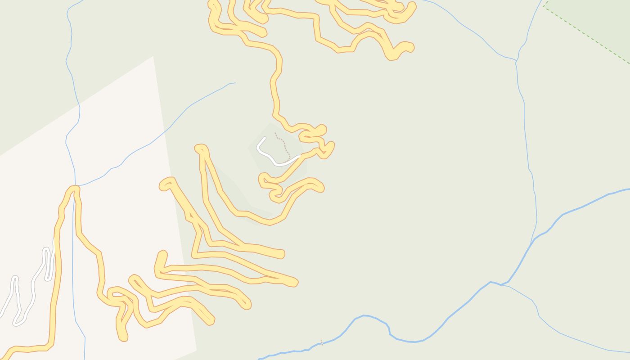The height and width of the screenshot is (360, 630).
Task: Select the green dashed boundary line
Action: pos(585,34)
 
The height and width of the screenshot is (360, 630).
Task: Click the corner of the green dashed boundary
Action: pos(544,5)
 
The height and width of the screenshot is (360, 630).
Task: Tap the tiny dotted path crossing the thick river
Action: pos(321,342)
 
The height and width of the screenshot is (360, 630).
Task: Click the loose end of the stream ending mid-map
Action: pos(235,83)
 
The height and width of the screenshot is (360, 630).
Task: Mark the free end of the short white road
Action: pos(265,138)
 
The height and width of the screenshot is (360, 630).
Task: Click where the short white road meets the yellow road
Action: pos(300,156)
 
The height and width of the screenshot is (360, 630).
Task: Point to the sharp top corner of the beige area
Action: pos(153,56)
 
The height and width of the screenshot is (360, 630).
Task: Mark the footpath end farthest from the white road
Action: pos(275,133)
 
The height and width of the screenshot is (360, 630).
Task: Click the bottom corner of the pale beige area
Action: pos(196,350)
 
